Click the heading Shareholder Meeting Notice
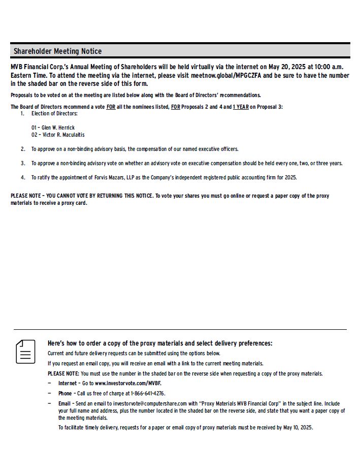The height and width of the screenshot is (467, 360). click(x=57, y=51)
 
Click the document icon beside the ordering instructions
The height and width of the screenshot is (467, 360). click(x=25, y=352)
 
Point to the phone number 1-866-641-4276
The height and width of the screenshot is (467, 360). click(x=148, y=393)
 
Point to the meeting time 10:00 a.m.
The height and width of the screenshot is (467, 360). click(x=329, y=67)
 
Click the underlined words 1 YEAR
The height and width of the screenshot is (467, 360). click(x=241, y=107)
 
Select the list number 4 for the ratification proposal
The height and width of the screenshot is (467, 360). click(x=23, y=177)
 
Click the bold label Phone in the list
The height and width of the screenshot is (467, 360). click(x=65, y=393)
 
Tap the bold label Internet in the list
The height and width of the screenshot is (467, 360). click(x=68, y=383)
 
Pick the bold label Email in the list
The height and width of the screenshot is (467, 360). click(x=64, y=403)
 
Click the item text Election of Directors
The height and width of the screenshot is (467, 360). click(x=54, y=113)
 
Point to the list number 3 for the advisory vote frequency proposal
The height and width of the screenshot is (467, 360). click(x=23, y=163)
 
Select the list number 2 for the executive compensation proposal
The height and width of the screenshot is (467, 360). click(x=23, y=149)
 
